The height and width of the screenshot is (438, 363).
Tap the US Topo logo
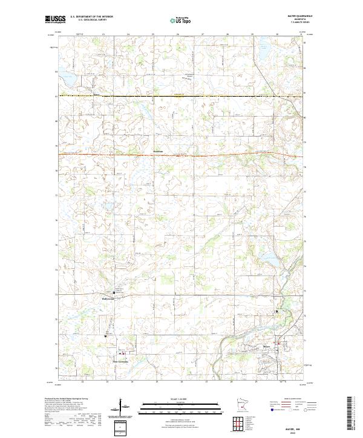click(x=180, y=20)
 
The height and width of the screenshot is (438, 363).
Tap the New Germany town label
click(x=123, y=362)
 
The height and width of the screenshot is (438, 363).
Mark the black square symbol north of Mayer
click(x=277, y=311)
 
